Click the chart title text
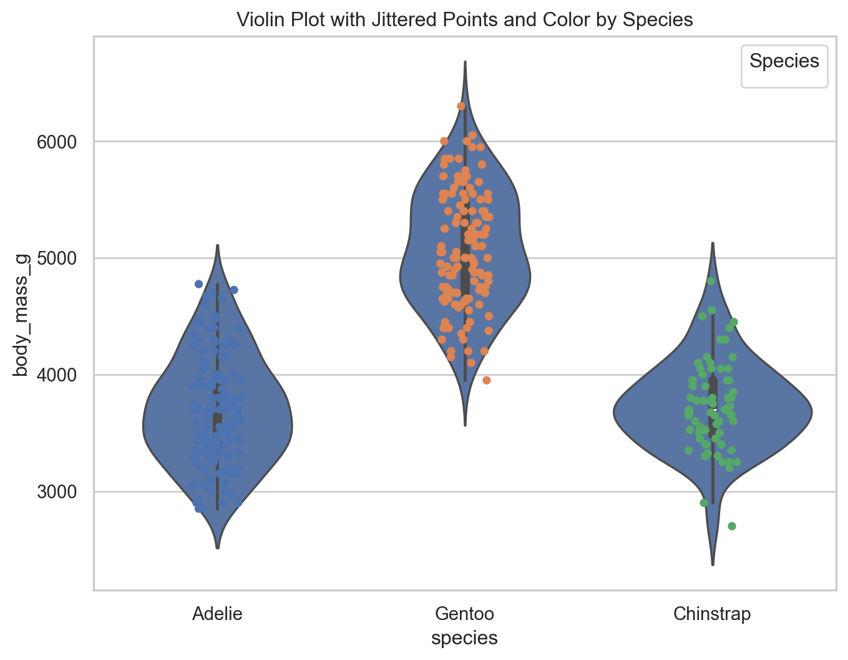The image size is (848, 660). click(x=465, y=20)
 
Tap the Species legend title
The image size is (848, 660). click(x=784, y=61)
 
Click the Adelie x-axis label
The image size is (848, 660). click(x=217, y=614)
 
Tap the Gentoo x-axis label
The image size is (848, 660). click(x=464, y=614)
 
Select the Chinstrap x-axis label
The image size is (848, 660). click(x=712, y=614)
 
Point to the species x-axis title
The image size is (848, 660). click(x=464, y=638)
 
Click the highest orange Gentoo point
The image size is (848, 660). click(x=461, y=106)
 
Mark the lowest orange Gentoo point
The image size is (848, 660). click(x=487, y=380)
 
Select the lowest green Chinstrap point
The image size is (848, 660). click(x=732, y=526)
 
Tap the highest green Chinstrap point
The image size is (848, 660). click(x=711, y=281)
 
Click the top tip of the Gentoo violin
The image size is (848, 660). click(x=465, y=62)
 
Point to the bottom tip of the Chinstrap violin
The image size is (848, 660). click(x=712, y=564)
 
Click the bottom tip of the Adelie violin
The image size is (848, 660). click(x=217, y=548)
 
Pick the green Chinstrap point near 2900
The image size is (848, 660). click(x=704, y=503)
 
